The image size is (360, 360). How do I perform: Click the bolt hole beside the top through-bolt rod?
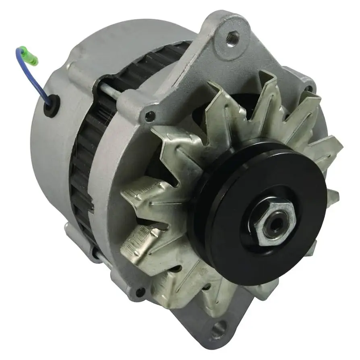pyautogui.click(x=150, y=116)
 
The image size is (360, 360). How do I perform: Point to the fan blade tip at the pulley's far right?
pyautogui.click(x=332, y=197)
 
